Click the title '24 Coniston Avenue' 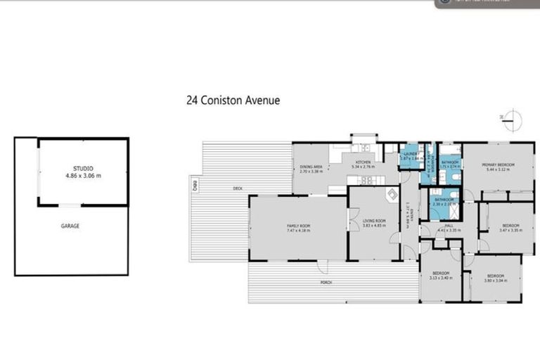click(233, 101)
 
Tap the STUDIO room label click(83, 169)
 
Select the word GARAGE click(70, 226)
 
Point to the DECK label click(238, 188)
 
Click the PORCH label click(326, 282)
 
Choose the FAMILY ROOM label click(298, 225)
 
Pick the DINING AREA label click(310, 167)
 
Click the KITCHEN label click(364, 162)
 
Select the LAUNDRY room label click(409, 154)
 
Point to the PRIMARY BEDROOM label click(498, 165)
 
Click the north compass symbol click(513, 120)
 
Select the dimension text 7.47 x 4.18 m click(298, 229)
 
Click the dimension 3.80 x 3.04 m click(496, 280)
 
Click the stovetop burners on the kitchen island click(365, 148)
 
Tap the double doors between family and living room click(348, 225)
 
